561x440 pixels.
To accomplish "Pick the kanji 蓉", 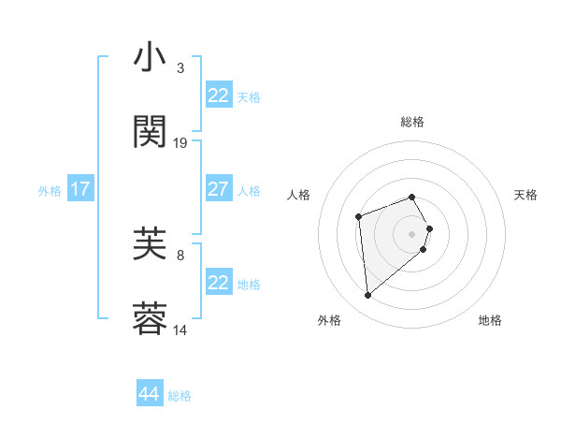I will tap(151, 319).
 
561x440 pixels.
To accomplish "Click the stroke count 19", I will tap(180, 143).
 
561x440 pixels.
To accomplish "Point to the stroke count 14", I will tap(180, 330).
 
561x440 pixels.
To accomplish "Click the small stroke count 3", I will tap(180, 68).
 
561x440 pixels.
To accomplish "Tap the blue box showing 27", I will tap(219, 189).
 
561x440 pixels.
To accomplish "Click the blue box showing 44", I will tap(150, 394).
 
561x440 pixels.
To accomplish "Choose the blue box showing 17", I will tap(80, 189).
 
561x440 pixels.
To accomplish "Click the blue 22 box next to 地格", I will tap(219, 283).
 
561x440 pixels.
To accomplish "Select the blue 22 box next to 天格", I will tap(219, 95).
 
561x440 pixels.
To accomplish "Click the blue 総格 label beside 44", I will tap(180, 396).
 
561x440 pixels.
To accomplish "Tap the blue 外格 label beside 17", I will tap(50, 191).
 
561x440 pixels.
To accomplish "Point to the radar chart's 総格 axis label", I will tap(412, 123).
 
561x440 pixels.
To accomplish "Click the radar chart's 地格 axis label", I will tap(490, 320).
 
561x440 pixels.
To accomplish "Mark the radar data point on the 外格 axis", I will tap(368, 296).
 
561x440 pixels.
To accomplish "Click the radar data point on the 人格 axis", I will tap(359, 217).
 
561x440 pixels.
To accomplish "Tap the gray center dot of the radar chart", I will tap(412, 233).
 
